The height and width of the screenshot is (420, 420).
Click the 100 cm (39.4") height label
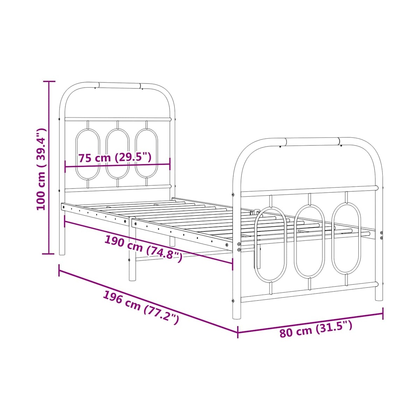(41, 169)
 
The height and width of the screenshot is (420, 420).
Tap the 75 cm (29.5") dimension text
(115, 157)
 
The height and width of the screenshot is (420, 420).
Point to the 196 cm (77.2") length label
(141, 307)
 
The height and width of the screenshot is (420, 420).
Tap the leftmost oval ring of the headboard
(76, 154)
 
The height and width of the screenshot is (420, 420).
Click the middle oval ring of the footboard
(294, 241)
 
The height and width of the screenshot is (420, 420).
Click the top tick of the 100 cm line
(49, 81)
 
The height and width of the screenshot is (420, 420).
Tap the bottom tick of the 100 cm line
(48, 254)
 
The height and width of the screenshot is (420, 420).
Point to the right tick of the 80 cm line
(383, 313)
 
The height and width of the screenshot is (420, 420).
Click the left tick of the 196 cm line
(59, 271)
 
